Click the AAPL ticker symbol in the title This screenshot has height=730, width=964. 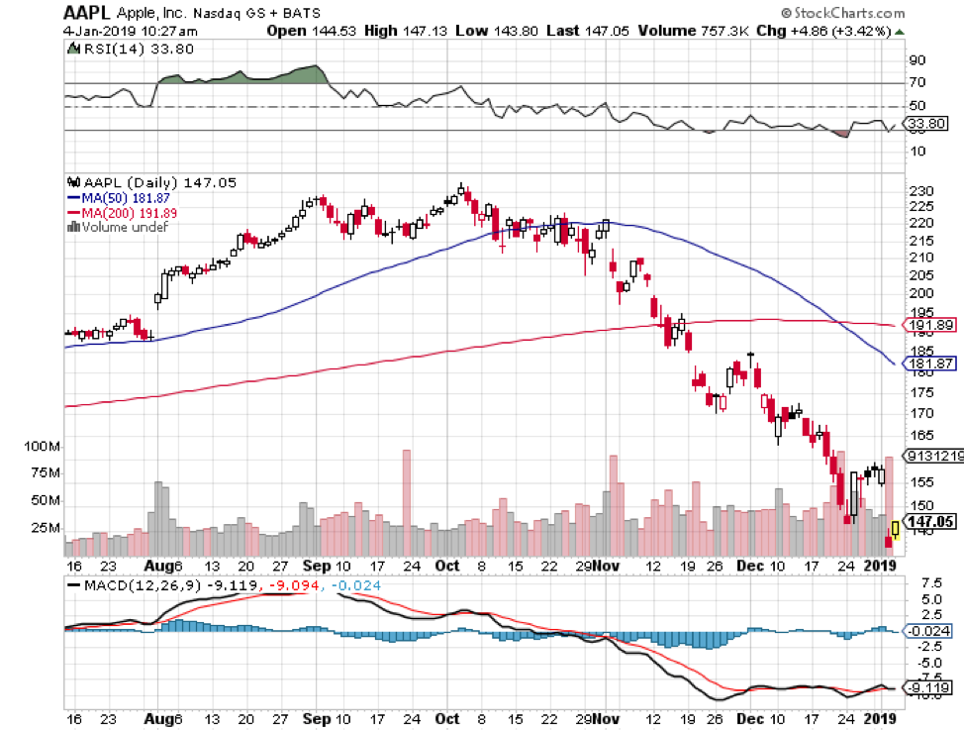(86, 14)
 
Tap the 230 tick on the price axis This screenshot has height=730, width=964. (920, 191)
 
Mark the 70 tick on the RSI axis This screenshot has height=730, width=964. (916, 83)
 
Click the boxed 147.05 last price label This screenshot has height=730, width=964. (931, 521)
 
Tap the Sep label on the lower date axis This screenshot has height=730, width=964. (315, 566)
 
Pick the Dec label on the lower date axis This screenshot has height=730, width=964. (749, 566)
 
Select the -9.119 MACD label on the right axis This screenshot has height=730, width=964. (930, 687)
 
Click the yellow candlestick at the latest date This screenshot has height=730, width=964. (895, 528)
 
